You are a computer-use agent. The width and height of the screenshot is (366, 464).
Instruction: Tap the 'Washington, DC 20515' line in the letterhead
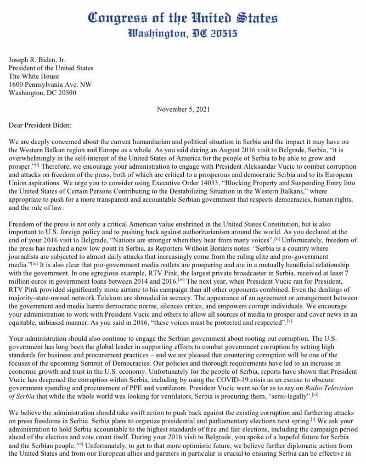(x=183, y=34)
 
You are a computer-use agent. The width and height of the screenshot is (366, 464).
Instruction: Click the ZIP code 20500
(x=65, y=93)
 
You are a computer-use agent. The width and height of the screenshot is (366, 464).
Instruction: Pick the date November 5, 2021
(x=183, y=109)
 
